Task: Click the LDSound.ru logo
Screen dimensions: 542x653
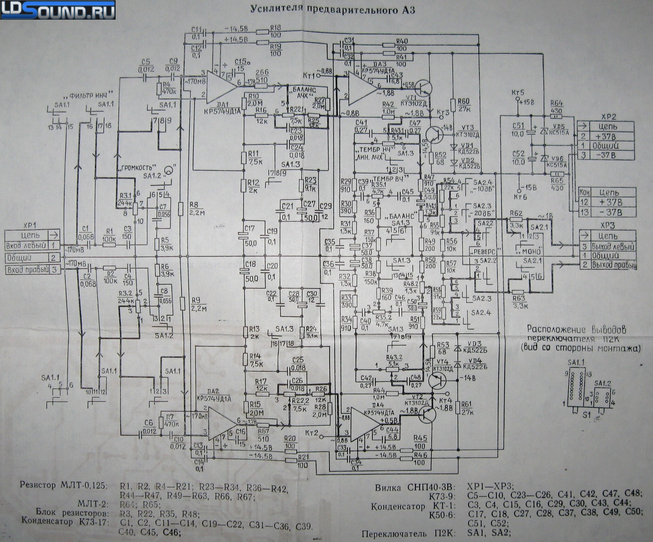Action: tap(58, 10)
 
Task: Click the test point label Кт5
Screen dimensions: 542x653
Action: tap(518, 92)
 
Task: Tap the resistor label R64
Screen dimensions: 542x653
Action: tap(556, 104)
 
